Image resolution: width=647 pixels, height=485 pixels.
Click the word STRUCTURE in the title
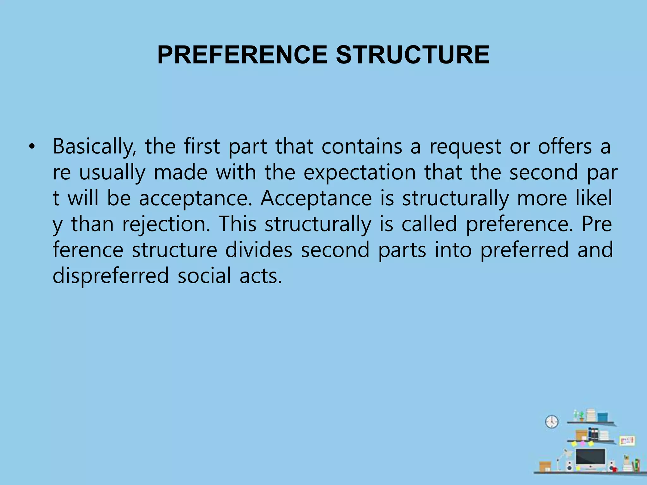pyautogui.click(x=413, y=55)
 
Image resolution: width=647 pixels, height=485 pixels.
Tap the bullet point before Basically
pyautogui.click(x=32, y=147)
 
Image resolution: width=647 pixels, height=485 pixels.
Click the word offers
pyautogui.click(x=565, y=147)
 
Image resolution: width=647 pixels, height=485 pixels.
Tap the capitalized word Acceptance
pyautogui.click(x=316, y=199)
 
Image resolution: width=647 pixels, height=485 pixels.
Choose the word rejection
pyautogui.click(x=166, y=225)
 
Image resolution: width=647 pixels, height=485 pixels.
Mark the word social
pyautogui.click(x=204, y=276)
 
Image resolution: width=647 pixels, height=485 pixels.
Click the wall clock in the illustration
pyautogui.click(x=552, y=422)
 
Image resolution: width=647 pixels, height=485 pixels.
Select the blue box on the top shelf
pyautogui.click(x=602, y=417)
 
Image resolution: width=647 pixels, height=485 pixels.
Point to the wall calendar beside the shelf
pyautogui.click(x=627, y=440)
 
